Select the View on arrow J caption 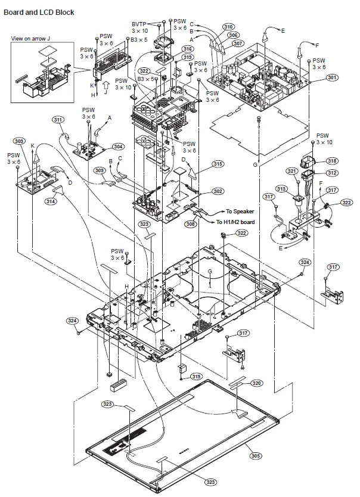[x=35, y=39]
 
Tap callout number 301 [x=332, y=77]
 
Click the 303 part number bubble [x=19, y=141]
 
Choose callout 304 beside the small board [x=118, y=147]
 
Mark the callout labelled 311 [x=58, y=120]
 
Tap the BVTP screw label [x=139, y=23]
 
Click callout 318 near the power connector [x=332, y=161]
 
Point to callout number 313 [x=281, y=189]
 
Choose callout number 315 [x=218, y=164]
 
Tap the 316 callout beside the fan [x=188, y=49]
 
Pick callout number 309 [x=101, y=170]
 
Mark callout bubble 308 [x=190, y=224]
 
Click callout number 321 [x=309, y=171]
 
